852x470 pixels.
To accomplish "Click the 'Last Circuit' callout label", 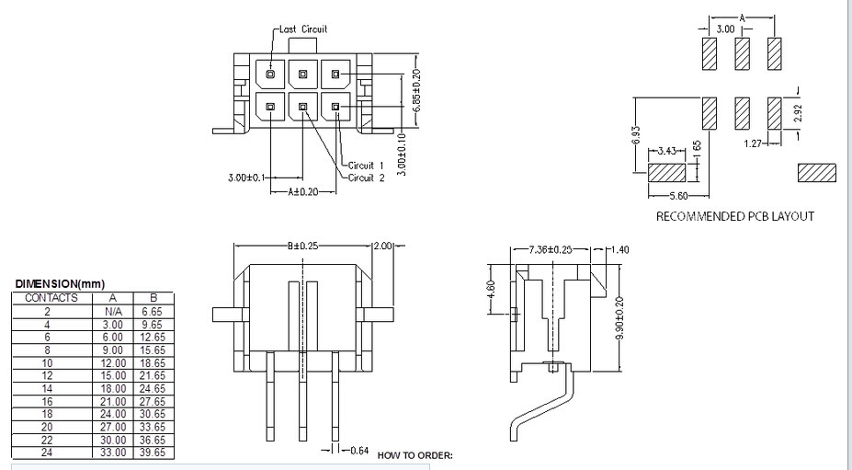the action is pyautogui.click(x=303, y=29).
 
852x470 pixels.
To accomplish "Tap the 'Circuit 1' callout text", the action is pyautogui.click(x=366, y=166).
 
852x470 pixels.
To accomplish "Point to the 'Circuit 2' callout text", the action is pyautogui.click(x=366, y=178).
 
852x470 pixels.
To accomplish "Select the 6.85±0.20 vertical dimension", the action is pyautogui.click(x=416, y=91).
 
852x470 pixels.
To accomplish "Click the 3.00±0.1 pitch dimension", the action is pyautogui.click(x=247, y=178).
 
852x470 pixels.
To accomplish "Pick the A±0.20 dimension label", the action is pyautogui.click(x=303, y=191).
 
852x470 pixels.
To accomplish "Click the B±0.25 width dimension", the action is pyautogui.click(x=302, y=246).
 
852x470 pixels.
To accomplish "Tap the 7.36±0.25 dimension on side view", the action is pyautogui.click(x=551, y=249).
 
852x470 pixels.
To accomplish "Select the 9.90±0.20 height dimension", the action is pyautogui.click(x=620, y=317).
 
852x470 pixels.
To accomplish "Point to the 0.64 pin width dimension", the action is pyautogui.click(x=359, y=451).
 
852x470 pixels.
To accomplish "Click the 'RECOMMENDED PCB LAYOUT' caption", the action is pyautogui.click(x=735, y=216).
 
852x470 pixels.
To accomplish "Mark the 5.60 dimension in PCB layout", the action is pyautogui.click(x=679, y=196).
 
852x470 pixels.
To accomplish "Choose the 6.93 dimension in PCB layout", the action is pyautogui.click(x=637, y=136).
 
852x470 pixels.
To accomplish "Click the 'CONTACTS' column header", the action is pyautogui.click(x=51, y=298).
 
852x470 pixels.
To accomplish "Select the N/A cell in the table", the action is pyautogui.click(x=112, y=312).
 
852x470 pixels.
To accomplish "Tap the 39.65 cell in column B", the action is pyautogui.click(x=153, y=453).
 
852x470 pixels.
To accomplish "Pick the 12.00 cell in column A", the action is pyautogui.click(x=113, y=362).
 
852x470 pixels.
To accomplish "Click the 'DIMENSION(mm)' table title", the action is pyautogui.click(x=60, y=284).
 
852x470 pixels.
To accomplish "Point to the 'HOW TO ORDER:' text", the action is pyautogui.click(x=415, y=455).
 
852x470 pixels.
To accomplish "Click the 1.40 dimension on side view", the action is pyautogui.click(x=620, y=249).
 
